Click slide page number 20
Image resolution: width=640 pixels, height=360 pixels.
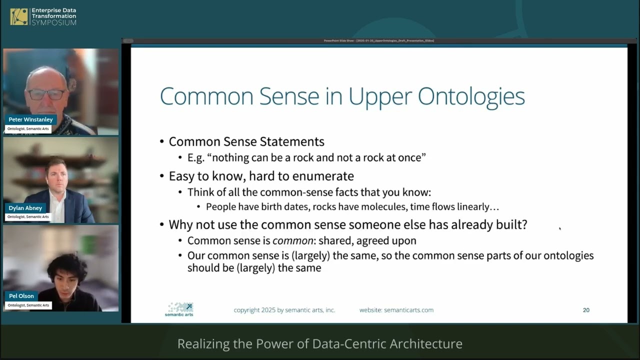click(x=586, y=310)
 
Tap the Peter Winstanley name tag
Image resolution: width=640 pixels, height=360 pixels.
click(x=30, y=119)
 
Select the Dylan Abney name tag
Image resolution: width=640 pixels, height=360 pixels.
click(x=25, y=208)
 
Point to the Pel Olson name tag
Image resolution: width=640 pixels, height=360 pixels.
click(x=21, y=296)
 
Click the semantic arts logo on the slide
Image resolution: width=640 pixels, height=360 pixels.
click(x=179, y=309)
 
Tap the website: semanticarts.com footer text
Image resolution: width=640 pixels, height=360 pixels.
click(x=396, y=310)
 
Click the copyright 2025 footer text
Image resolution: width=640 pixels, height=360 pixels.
click(x=284, y=310)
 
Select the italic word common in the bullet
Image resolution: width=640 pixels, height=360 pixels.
click(x=293, y=240)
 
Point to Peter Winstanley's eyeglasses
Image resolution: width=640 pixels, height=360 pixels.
click(x=46, y=94)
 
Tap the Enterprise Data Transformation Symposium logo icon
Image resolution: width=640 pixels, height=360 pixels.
click(x=19, y=16)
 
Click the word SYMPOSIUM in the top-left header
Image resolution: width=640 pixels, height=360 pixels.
click(x=54, y=23)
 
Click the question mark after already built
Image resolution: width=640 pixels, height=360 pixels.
click(x=524, y=224)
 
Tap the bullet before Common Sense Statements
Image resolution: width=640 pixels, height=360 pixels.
click(x=162, y=142)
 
